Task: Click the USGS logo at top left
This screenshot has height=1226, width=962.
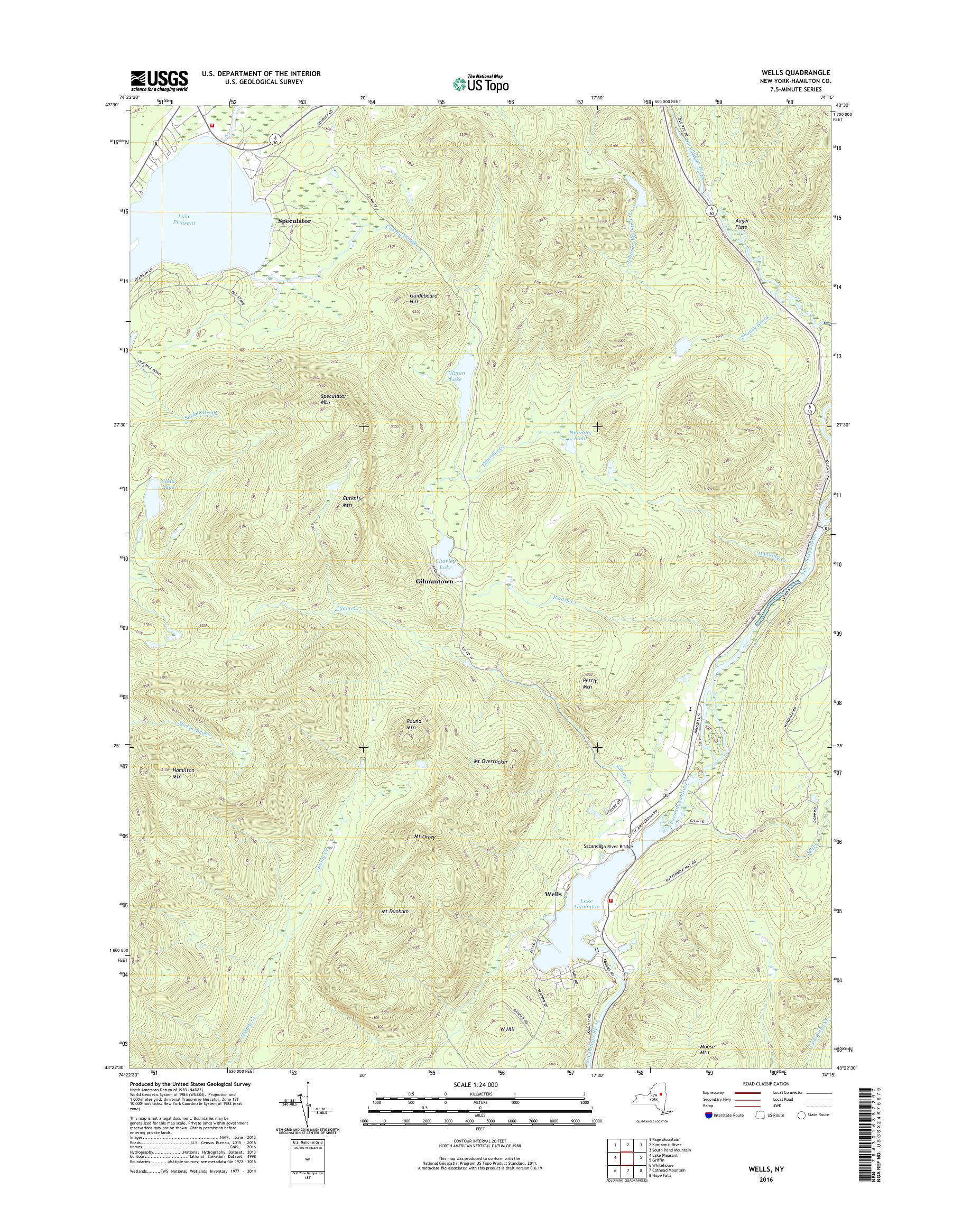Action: click(x=160, y=80)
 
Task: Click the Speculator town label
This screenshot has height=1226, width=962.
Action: click(x=294, y=221)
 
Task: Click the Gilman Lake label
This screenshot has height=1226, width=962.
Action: click(x=455, y=376)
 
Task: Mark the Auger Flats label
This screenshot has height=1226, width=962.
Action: click(x=742, y=224)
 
